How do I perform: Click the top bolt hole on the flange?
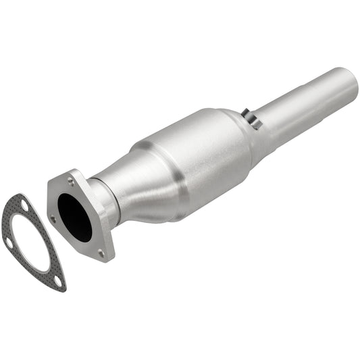[x=70, y=180]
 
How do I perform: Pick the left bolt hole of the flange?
[x=53, y=218]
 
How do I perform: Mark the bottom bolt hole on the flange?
[x=101, y=253]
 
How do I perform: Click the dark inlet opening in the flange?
[x=74, y=216]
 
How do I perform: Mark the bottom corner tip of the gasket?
[x=61, y=288]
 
